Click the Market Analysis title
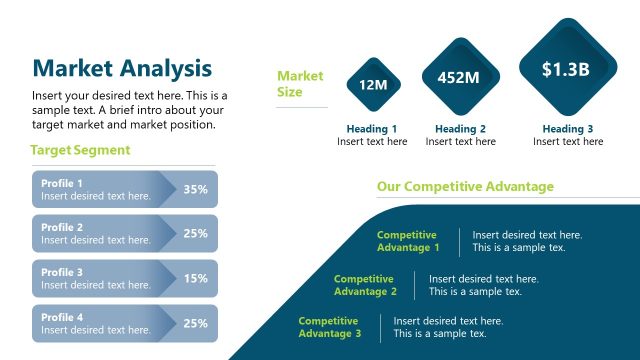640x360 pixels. click(122, 68)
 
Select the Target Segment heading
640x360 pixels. click(80, 150)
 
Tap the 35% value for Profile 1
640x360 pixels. click(195, 189)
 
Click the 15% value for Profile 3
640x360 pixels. click(195, 278)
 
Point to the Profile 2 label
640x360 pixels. click(62, 227)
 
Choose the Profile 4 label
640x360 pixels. click(62, 316)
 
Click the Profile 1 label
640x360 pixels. click(62, 183)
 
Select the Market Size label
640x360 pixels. click(300, 84)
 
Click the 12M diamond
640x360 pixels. click(373, 85)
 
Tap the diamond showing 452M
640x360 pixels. click(459, 76)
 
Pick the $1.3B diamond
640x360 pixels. click(567, 69)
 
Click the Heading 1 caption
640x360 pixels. click(372, 129)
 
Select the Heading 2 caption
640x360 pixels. click(460, 129)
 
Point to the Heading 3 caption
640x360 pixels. click(567, 129)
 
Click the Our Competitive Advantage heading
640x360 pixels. click(464, 187)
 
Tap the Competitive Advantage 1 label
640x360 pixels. click(407, 241)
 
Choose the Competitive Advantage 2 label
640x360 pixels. click(365, 285)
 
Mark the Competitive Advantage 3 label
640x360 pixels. click(330, 327)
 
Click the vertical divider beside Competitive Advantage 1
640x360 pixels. click(459, 241)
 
